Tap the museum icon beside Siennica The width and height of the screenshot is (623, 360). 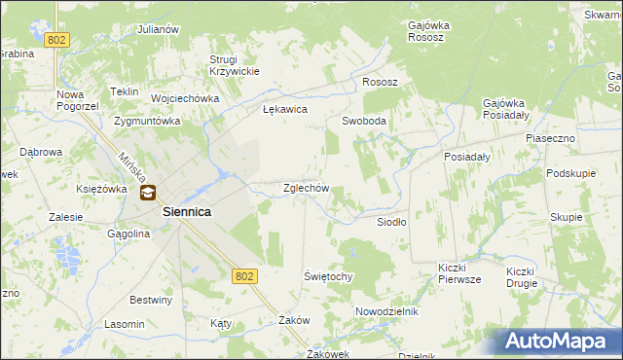click(147, 194)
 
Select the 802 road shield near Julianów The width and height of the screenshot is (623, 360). click(57, 39)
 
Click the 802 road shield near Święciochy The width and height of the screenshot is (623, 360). click(245, 276)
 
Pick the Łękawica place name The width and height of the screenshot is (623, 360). click(285, 110)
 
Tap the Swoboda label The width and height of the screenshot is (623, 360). click(364, 122)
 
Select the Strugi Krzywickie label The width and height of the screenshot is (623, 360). click(234, 65)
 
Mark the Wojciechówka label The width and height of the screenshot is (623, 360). click(184, 98)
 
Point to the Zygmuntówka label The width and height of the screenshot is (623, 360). click(147, 122)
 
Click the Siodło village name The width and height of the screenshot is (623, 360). click(392, 222)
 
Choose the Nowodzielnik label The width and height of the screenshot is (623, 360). click(386, 311)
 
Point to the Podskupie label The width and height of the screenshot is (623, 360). click(570, 172)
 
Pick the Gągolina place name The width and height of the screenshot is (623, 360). click(128, 234)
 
